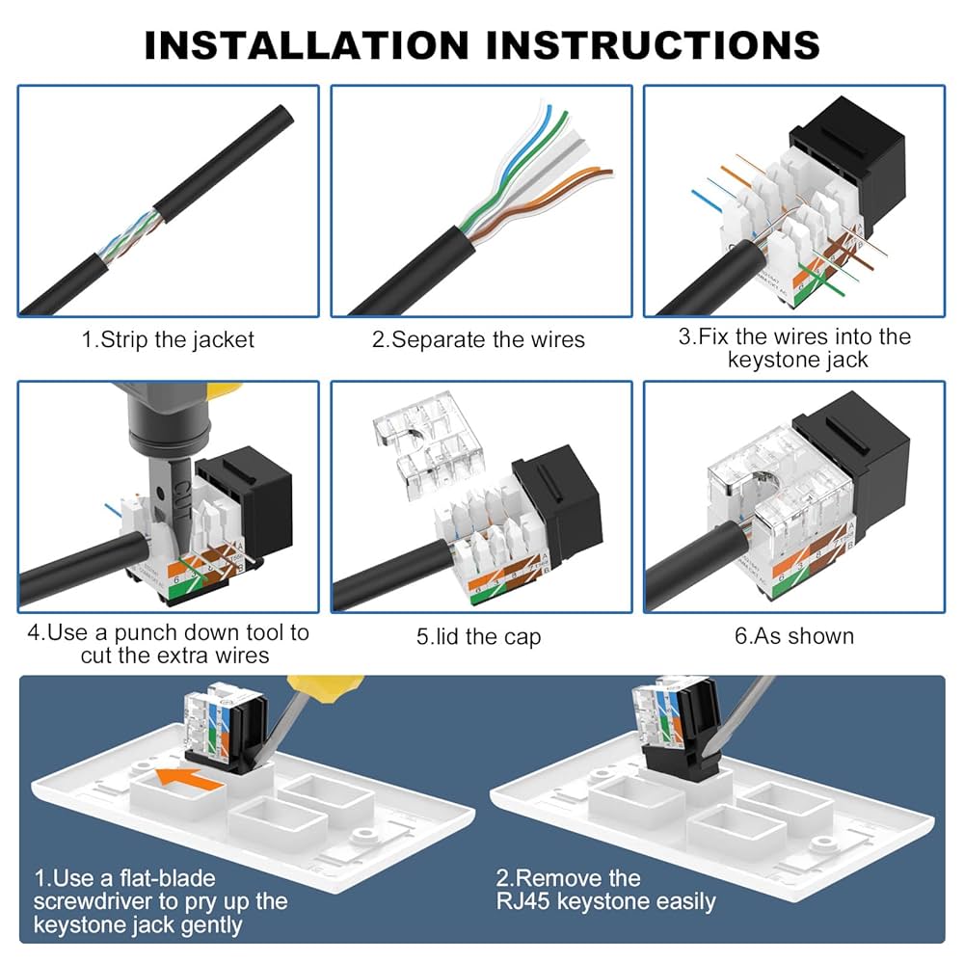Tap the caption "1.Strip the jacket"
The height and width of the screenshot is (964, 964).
pyautogui.click(x=168, y=339)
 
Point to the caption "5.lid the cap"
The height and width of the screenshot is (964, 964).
pyautogui.click(x=478, y=636)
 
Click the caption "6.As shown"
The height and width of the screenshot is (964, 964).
pyautogui.click(x=793, y=636)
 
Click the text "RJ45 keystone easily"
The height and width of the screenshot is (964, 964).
pyautogui.click(x=605, y=901)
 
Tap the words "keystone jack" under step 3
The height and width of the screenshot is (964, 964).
pyautogui.click(x=797, y=360)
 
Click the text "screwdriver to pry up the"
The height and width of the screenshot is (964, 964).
pyautogui.click(x=160, y=901)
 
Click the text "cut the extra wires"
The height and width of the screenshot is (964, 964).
pyautogui.click(x=174, y=656)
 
